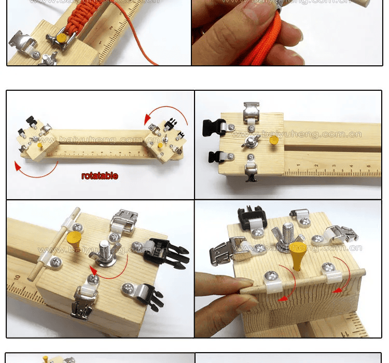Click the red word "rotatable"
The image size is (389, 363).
tap(100, 176)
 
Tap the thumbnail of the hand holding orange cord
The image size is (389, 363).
tap(286, 33)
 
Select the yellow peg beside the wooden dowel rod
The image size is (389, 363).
tap(74, 241)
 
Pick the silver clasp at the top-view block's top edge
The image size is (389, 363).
tap(252, 110)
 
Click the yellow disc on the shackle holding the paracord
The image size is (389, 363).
tap(63, 38)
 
